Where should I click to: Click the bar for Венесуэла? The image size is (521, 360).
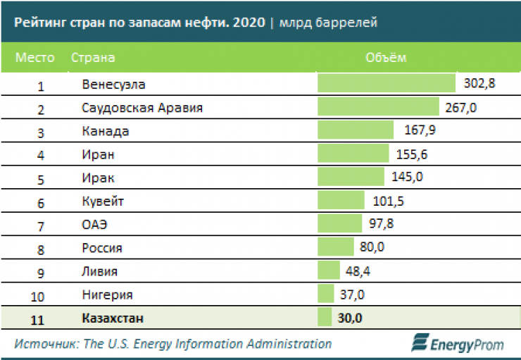coord(387,83)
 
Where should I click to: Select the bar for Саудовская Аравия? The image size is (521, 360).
coord(378,107)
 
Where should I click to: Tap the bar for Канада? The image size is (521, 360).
coord(356,130)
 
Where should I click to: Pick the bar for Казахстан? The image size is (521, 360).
coord(325,318)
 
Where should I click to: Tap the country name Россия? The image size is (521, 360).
coord(102,247)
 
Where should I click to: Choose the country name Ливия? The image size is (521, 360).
coord(99,271)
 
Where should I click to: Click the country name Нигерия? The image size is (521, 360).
coord(107,294)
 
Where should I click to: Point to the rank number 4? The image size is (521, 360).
coord(41,155)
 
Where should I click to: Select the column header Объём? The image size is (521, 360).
coord(386,57)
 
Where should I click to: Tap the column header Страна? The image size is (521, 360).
coord(93,57)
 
